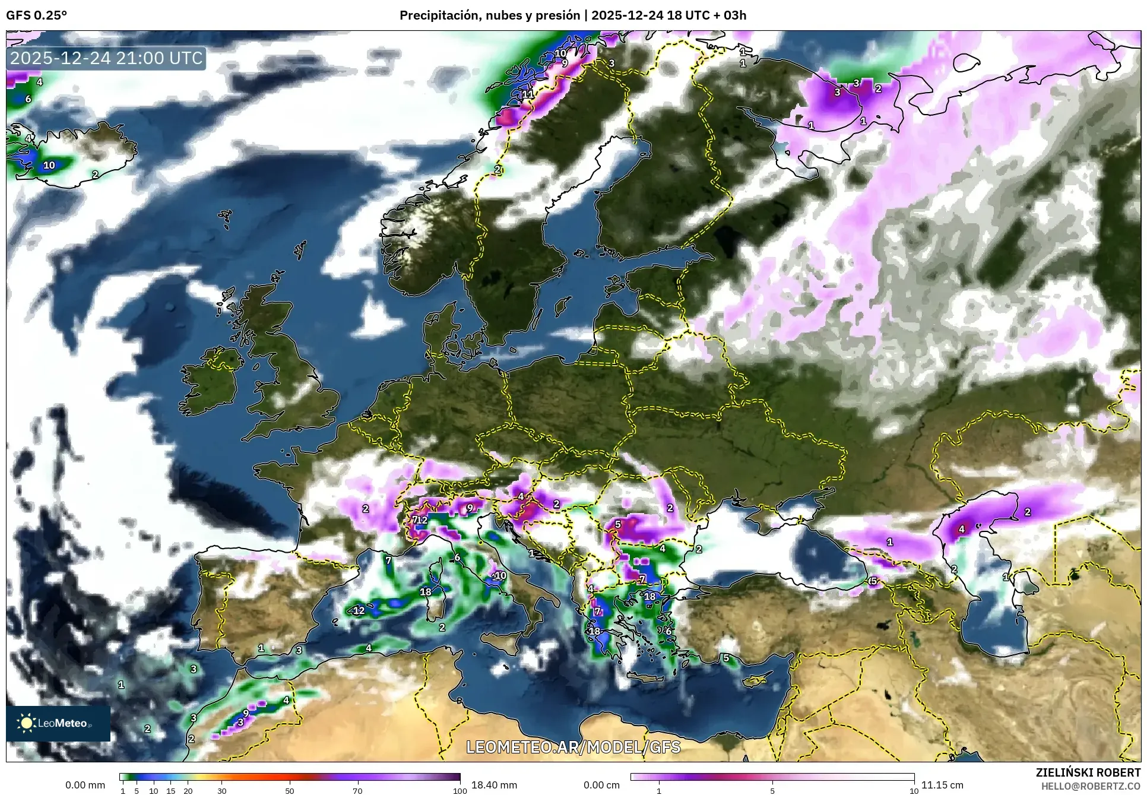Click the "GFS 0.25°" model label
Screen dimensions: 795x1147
coord(36,15)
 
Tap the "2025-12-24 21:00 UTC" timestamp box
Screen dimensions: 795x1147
coord(107,58)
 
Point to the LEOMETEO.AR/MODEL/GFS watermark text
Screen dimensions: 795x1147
coord(573,746)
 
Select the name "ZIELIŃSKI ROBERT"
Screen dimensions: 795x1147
coord(1088,772)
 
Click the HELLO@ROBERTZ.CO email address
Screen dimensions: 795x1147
coord(1091,786)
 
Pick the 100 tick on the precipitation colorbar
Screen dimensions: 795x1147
coord(460,790)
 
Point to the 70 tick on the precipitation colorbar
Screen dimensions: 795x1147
coord(357,790)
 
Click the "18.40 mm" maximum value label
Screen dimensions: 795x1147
coord(494,785)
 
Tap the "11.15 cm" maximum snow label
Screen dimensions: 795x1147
coord(942,785)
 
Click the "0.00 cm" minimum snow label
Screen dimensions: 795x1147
coord(601,785)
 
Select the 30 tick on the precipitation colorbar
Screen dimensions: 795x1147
coord(221,790)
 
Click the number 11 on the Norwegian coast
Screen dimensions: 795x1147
coord(528,94)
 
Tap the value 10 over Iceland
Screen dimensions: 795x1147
coord(49,165)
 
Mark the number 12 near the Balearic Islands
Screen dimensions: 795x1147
coord(359,610)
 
